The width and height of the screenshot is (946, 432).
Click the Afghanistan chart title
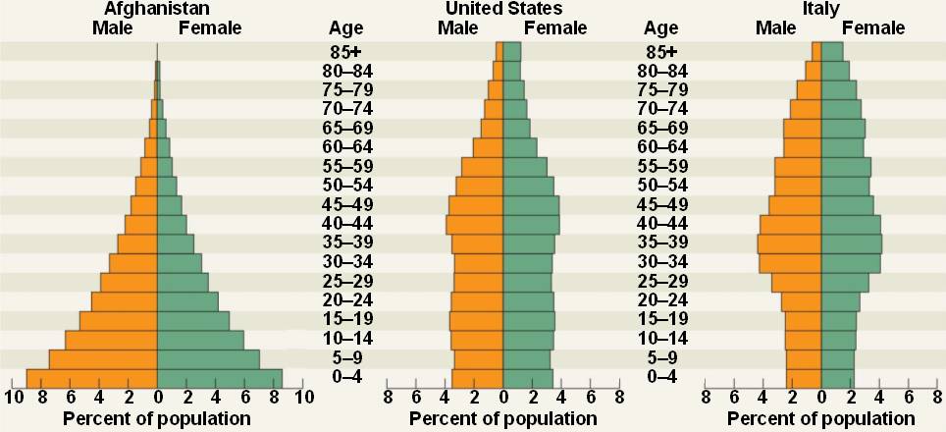[157, 9]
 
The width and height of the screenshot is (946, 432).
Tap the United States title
[503, 9]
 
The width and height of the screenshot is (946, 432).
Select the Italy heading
[820, 9]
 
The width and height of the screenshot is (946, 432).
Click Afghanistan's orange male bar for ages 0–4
[92, 378]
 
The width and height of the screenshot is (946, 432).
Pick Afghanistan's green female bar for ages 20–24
[187, 301]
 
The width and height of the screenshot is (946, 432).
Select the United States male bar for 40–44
[475, 225]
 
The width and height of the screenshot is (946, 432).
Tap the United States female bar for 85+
[512, 52]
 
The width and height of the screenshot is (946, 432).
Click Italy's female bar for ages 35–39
[851, 243]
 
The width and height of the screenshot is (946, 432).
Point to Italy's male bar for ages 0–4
[804, 378]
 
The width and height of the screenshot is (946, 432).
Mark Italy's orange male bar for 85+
[816, 52]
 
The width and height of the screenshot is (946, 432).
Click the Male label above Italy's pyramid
[775, 27]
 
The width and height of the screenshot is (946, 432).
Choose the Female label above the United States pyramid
[555, 27]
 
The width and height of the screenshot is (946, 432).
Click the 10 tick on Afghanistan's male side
[14, 398]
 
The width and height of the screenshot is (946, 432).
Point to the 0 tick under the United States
[503, 398]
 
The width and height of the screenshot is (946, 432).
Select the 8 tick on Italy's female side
[938, 398]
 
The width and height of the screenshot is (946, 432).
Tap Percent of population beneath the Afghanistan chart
[157, 419]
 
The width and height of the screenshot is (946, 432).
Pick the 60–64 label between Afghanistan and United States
[347, 147]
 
